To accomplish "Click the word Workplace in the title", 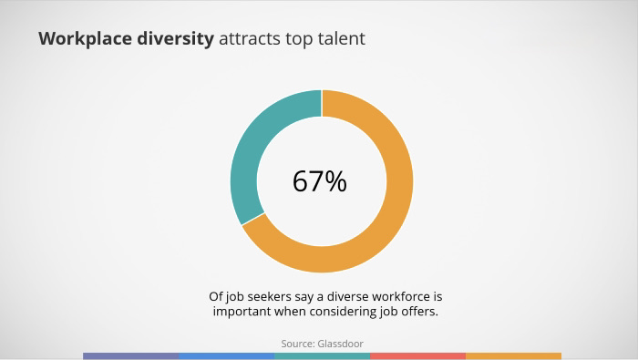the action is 85,39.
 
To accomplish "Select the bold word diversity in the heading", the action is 175,39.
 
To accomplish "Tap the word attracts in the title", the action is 250,39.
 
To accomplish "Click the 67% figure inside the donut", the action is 320,181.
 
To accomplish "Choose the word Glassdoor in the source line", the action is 341,344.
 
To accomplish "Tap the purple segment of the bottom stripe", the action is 130,356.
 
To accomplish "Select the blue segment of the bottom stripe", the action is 227,356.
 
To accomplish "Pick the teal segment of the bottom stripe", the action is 323,356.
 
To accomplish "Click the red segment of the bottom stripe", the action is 417,356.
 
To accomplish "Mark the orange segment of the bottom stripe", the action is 513,356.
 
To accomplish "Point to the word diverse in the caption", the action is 348,296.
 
